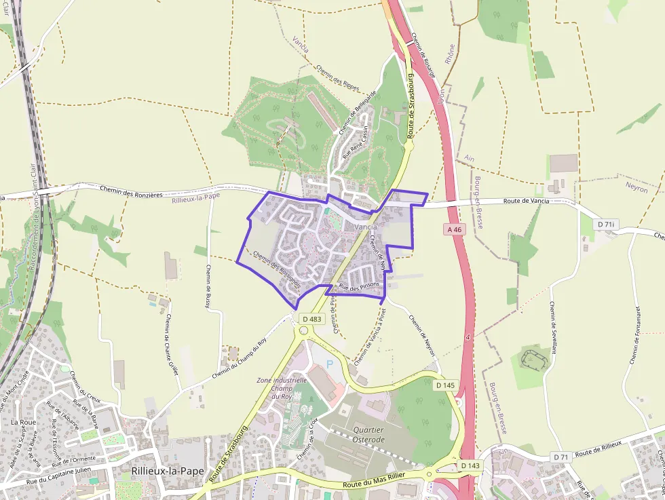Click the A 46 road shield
(x=455, y=230)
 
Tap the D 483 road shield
(x=312, y=319)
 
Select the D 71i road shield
(x=607, y=224)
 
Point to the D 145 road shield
(x=445, y=385)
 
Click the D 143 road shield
(x=470, y=465)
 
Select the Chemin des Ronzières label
(x=131, y=191)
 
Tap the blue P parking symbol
(x=330, y=364)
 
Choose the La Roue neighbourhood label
(x=24, y=421)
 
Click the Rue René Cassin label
(x=357, y=141)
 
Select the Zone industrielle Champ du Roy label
(x=282, y=388)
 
